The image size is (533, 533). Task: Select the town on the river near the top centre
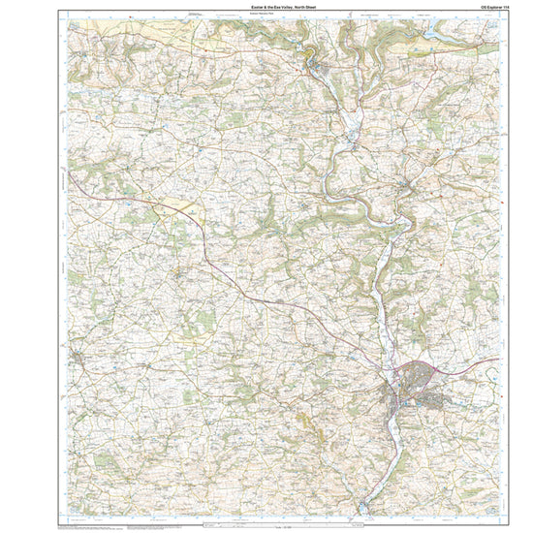(320, 66)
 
